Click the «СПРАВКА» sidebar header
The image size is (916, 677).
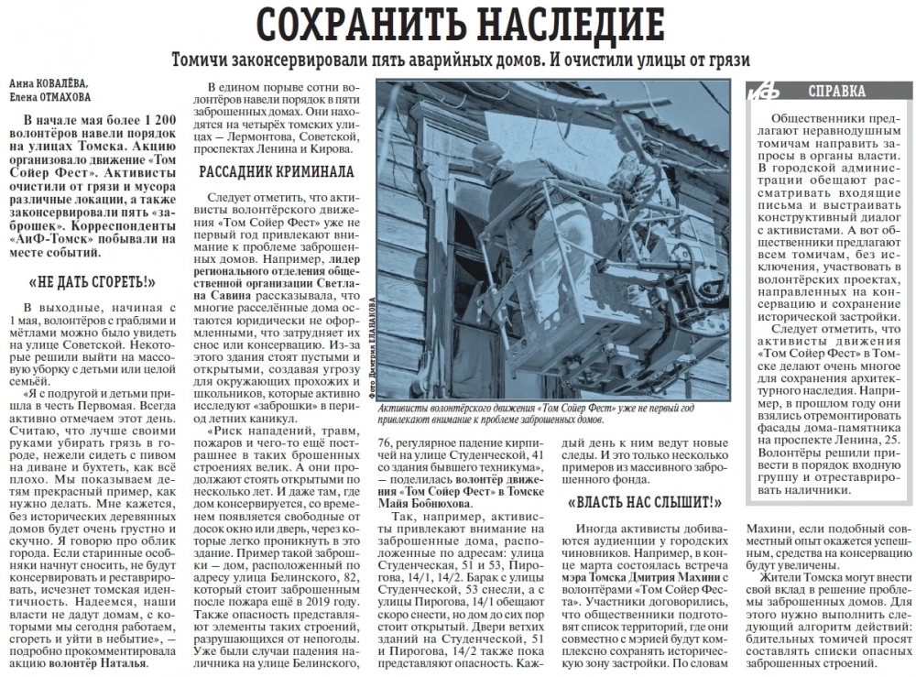(837, 91)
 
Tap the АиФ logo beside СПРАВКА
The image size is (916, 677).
(763, 92)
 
